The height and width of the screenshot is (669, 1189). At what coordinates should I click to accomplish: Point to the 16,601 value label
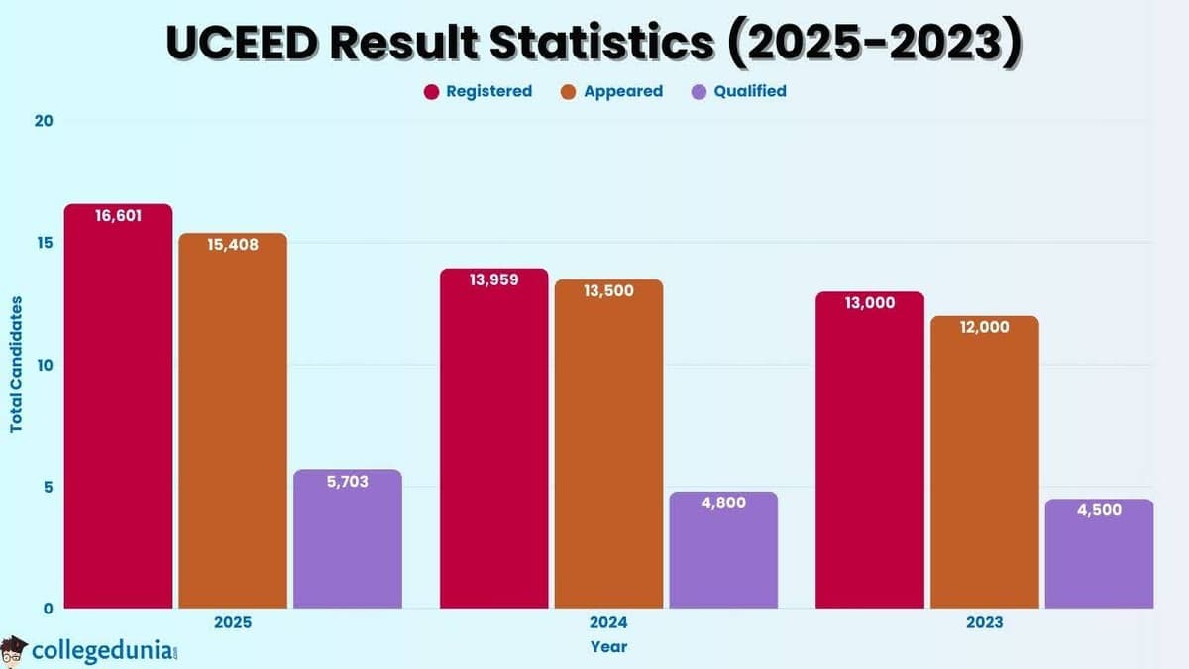coord(119,215)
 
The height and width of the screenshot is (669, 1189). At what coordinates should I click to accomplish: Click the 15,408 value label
coord(233,244)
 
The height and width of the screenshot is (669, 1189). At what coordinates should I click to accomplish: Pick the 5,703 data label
coord(348,481)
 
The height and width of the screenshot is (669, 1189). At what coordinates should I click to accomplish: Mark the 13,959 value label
coord(493,279)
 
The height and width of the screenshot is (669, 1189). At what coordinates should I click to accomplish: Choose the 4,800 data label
coord(722,502)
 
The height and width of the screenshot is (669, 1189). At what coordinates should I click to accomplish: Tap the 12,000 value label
coord(984,326)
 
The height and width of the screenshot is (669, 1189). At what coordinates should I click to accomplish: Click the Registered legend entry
coord(478,91)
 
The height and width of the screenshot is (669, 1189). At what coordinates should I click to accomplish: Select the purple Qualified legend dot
coord(700,92)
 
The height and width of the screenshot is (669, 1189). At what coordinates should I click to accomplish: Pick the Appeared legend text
coord(622,91)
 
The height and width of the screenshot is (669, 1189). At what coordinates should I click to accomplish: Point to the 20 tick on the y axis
coord(44,121)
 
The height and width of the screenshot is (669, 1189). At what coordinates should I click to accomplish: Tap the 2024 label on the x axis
coord(608,623)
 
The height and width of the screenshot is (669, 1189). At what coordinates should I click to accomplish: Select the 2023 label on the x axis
coord(984,623)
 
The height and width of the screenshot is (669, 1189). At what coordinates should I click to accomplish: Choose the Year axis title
coord(608,647)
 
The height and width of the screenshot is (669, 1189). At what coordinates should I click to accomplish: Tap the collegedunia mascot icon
coord(14,651)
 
